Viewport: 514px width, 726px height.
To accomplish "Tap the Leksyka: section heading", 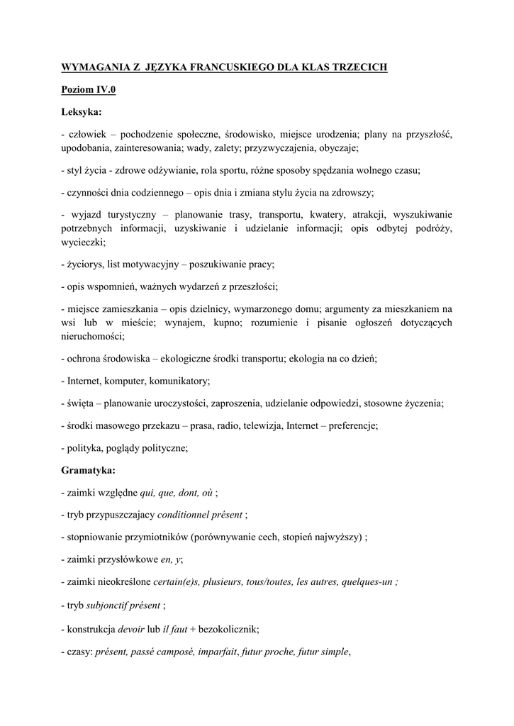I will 82,112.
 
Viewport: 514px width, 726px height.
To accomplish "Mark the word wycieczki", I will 83,242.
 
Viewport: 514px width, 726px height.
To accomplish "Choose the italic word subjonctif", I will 112,604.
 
